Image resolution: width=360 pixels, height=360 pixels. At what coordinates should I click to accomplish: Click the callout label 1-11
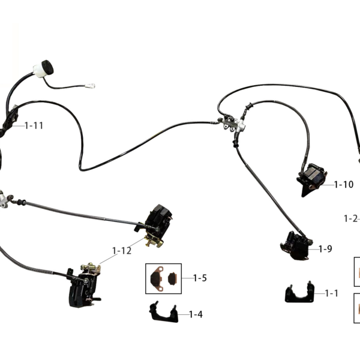34,125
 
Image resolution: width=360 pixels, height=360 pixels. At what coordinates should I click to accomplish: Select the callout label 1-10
343,184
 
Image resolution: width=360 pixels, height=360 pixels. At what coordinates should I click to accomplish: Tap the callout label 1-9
325,248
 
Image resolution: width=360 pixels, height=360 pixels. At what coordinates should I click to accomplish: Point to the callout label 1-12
122,251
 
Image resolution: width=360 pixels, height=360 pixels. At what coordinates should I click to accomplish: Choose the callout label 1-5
200,278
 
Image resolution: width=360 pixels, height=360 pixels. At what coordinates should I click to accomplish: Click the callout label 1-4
196,314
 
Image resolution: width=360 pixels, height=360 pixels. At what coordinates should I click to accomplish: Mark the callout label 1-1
332,293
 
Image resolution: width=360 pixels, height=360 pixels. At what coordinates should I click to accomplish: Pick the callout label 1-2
351,218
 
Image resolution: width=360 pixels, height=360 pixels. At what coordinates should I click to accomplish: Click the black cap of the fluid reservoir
47,67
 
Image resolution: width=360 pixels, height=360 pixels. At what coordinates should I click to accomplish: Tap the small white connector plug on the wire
90,86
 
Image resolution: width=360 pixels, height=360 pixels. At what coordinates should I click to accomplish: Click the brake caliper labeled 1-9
296,245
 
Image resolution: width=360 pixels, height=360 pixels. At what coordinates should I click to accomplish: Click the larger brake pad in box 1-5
157,278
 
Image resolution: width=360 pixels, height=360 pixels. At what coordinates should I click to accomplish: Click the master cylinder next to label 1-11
9,121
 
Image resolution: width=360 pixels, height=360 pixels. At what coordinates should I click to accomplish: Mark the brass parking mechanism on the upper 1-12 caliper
154,241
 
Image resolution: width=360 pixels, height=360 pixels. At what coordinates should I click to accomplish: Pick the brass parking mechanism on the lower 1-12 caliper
91,268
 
